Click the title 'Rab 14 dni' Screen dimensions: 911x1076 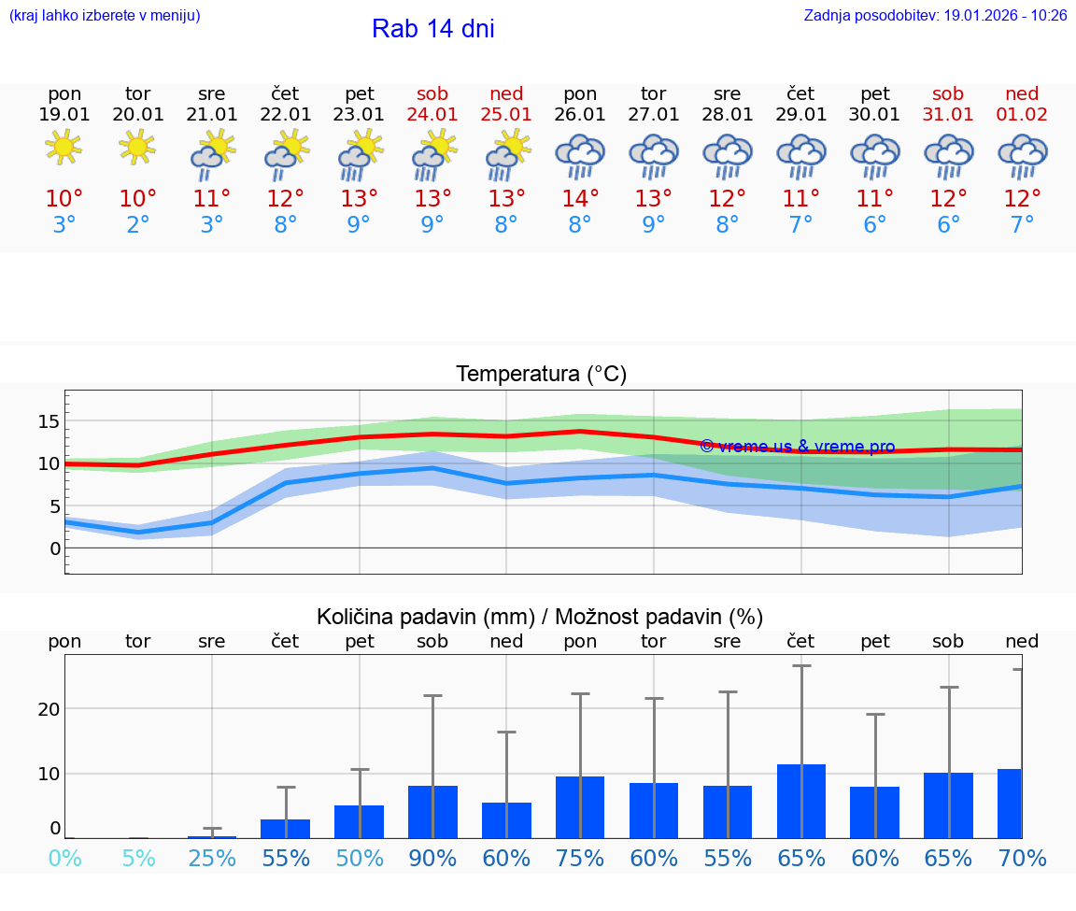(x=432, y=29)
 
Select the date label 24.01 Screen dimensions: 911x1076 (x=432, y=115)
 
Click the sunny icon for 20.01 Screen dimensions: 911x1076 (x=138, y=147)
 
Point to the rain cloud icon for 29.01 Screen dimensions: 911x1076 (x=800, y=156)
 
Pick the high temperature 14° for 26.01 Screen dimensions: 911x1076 (x=580, y=199)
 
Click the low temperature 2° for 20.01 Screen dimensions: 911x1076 (x=138, y=225)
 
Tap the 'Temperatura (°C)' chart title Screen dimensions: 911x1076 (x=541, y=375)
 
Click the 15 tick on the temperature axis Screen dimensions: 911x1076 (x=49, y=421)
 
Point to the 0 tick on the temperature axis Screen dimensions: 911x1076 (x=54, y=548)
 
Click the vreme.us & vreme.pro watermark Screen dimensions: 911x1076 (x=798, y=447)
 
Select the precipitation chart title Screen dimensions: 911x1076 (x=540, y=617)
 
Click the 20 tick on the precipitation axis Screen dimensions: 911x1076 (x=49, y=709)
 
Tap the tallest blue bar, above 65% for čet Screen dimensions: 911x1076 (x=800, y=801)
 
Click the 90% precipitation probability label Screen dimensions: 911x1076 (x=432, y=858)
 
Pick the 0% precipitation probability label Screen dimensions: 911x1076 (x=64, y=858)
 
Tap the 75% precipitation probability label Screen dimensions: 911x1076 (x=580, y=858)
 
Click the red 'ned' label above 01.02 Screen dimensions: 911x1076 (x=1022, y=93)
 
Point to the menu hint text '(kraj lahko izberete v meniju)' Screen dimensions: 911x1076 (x=105, y=16)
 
